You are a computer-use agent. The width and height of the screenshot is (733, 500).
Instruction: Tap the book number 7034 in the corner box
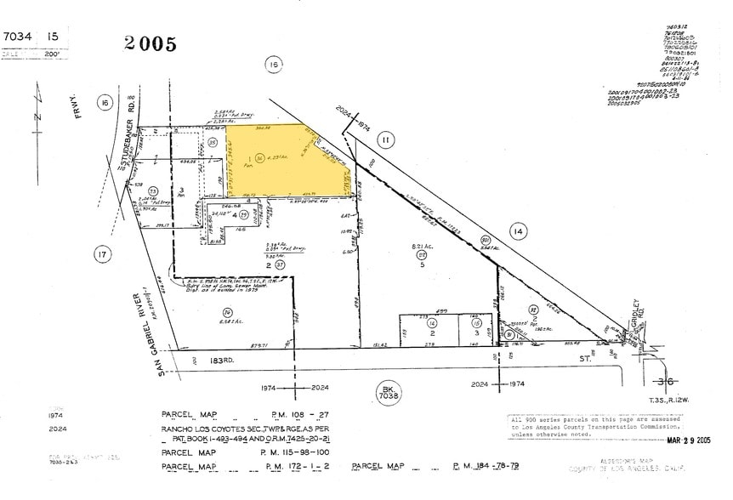19,37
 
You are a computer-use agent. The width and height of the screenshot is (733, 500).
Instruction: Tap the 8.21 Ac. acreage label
419,247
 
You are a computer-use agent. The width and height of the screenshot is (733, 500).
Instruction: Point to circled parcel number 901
486,241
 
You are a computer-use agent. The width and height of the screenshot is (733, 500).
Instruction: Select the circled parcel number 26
205,312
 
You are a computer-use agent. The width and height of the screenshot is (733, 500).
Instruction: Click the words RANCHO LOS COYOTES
204,429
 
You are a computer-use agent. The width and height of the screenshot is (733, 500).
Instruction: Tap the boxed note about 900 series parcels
594,426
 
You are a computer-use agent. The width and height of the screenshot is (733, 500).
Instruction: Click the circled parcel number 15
475,323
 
